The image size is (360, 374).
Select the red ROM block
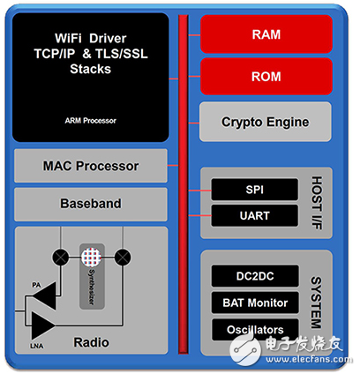click(266, 77)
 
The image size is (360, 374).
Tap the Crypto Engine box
click(266, 122)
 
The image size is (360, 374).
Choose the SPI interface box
click(254, 190)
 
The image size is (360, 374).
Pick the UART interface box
click(254, 215)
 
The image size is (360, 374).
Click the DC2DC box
click(254, 276)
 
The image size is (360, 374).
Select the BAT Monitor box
click(254, 303)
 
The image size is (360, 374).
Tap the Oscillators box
click(254, 330)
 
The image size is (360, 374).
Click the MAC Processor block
click(90, 166)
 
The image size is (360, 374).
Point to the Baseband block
click(90, 203)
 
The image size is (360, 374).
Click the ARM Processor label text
click(90, 120)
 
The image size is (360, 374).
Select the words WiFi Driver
click(90, 38)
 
